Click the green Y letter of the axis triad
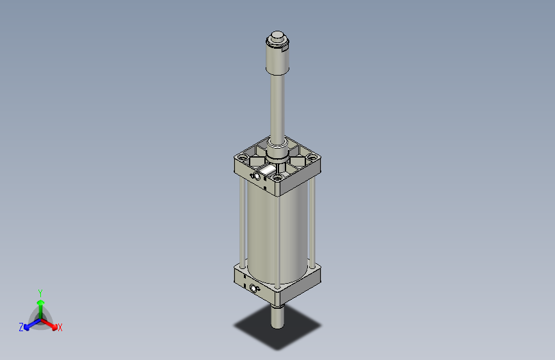[x=40, y=292]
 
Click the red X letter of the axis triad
[x=60, y=328]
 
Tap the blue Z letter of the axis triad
[x=21, y=327]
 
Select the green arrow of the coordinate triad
[x=40, y=305]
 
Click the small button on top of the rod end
[x=277, y=36]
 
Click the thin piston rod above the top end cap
[x=277, y=109]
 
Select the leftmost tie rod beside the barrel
[x=241, y=224]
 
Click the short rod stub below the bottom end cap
[x=277, y=316]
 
